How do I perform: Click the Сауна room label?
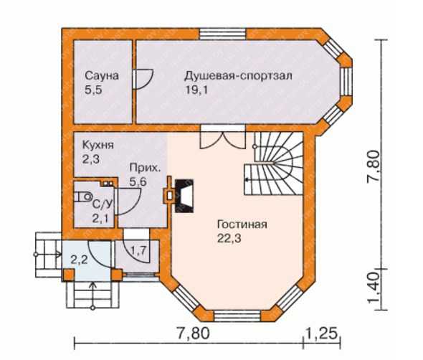(x=102, y=76)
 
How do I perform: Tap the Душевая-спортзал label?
(x=238, y=76)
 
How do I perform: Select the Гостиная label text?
(x=242, y=224)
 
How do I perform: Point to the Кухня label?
(x=98, y=145)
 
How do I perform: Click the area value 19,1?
(x=196, y=90)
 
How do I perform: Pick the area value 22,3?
(x=229, y=238)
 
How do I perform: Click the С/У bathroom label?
(x=103, y=205)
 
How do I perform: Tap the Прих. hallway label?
(x=145, y=168)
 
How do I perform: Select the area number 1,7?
(x=138, y=251)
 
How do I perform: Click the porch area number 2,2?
(x=79, y=260)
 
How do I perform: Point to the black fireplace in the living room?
(x=184, y=196)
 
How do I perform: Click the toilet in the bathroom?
(x=83, y=196)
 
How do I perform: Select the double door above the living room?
(x=222, y=137)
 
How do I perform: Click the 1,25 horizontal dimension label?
(x=322, y=333)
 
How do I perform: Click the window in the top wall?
(x=222, y=34)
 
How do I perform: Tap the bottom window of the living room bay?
(x=237, y=316)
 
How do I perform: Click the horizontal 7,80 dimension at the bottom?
(x=193, y=333)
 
